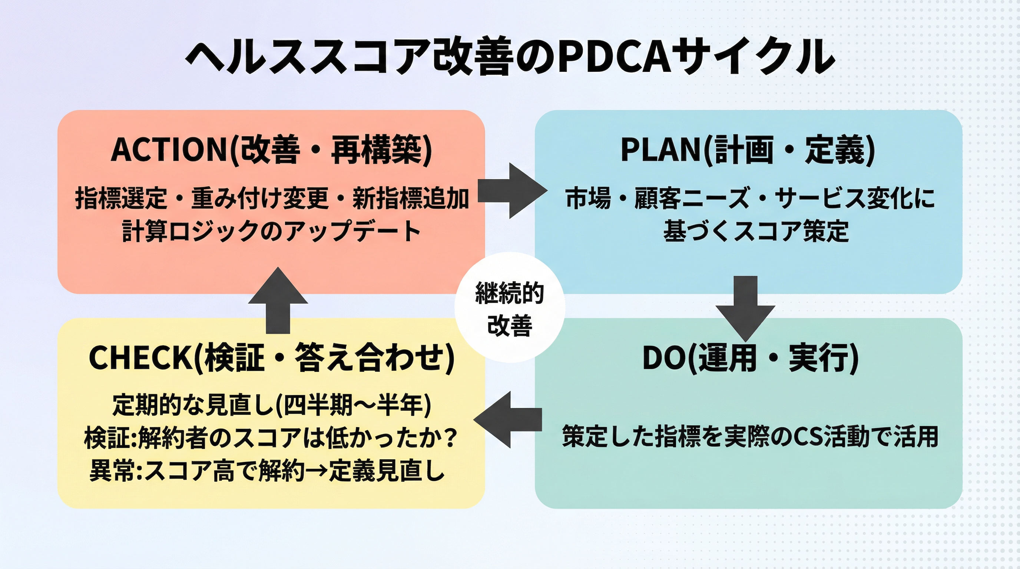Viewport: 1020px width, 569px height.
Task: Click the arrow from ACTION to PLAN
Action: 511,191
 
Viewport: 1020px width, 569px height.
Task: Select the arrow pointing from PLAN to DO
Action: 745,307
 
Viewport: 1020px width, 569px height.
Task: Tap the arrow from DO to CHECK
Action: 509,419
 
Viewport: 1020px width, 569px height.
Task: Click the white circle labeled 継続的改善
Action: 510,308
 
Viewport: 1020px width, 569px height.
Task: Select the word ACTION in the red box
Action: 169,150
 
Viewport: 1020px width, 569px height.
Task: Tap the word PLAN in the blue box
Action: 660,150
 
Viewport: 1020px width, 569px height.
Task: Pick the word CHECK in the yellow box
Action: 141,357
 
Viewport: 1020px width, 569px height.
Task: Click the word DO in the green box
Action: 665,357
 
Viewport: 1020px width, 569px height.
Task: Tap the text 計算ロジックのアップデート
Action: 271,231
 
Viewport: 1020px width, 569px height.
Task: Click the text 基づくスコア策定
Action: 756,231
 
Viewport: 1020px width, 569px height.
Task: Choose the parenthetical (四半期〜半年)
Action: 352,405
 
